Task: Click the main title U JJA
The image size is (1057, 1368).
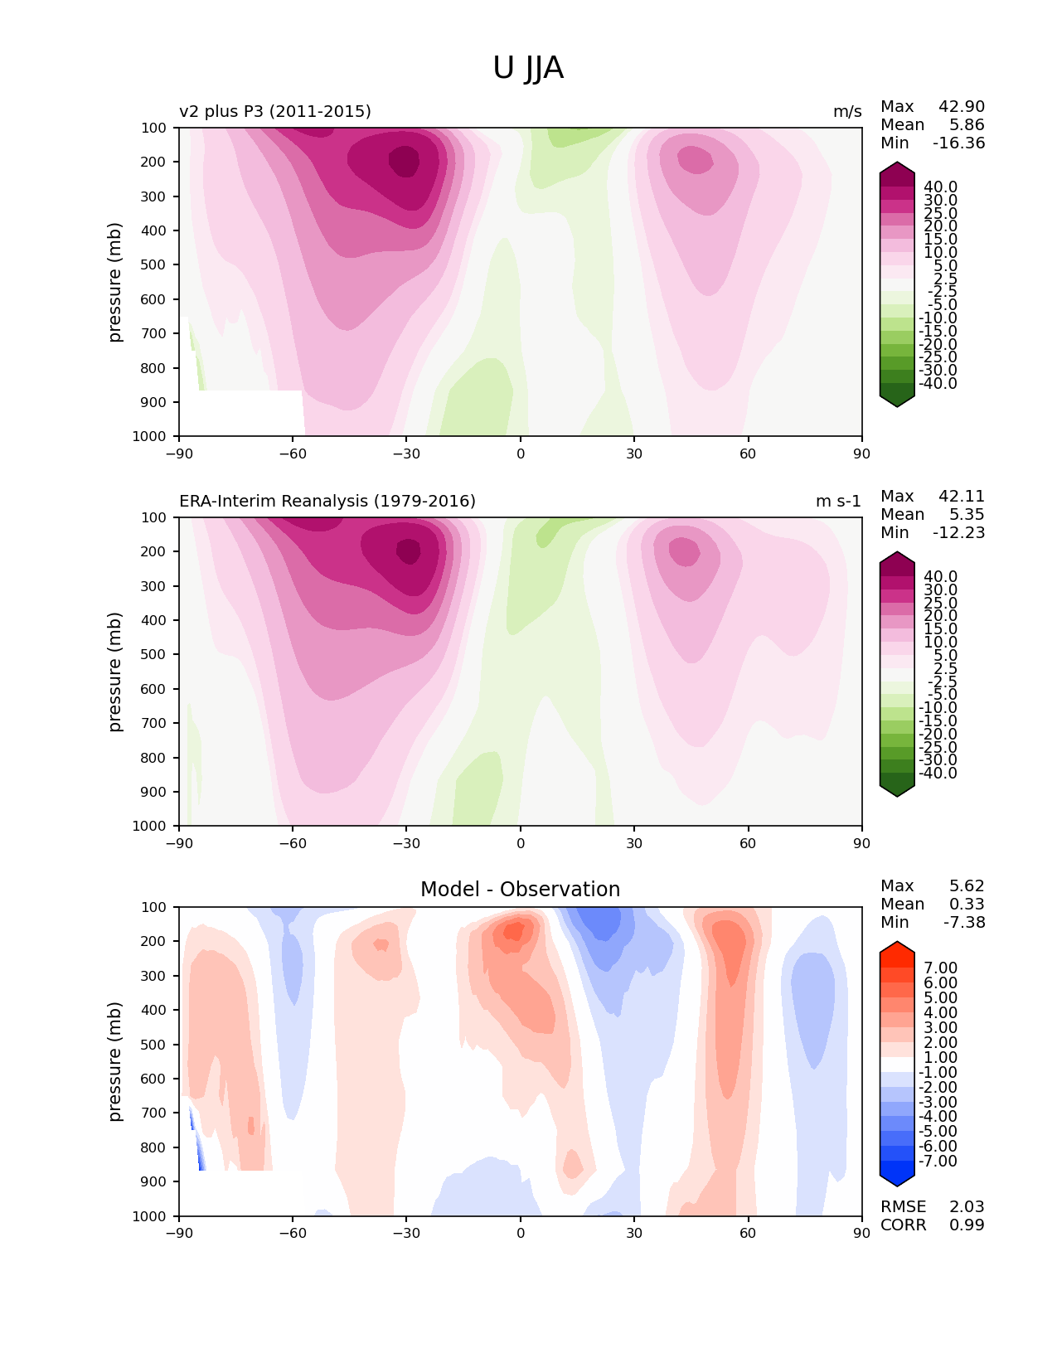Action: pos(527,68)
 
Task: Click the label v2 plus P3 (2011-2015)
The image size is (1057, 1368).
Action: pos(275,111)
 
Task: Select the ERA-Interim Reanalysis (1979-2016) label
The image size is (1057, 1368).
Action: pos(327,501)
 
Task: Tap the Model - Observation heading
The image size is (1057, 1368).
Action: pos(520,889)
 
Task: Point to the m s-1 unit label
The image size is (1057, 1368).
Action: pos(838,501)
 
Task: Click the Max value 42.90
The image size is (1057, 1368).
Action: pos(962,106)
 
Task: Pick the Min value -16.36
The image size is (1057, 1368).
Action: pos(959,143)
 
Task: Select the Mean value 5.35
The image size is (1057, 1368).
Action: pos(967,514)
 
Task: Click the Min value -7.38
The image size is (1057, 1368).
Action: pos(964,922)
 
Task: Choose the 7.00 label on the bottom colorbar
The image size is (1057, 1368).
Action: pos(940,968)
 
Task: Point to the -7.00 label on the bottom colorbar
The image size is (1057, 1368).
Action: pos(938,1161)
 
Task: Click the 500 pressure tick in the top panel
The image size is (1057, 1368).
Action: pos(153,265)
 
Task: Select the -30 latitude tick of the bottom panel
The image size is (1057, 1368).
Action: pos(406,1233)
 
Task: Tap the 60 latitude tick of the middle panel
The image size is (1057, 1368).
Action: pos(747,843)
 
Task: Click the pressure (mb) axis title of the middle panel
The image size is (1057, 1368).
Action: pos(114,672)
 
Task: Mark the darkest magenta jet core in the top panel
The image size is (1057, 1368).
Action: pos(404,161)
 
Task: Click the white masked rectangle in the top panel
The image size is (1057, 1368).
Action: pos(241,413)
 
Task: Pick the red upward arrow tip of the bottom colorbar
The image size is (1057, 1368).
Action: pos(896,942)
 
